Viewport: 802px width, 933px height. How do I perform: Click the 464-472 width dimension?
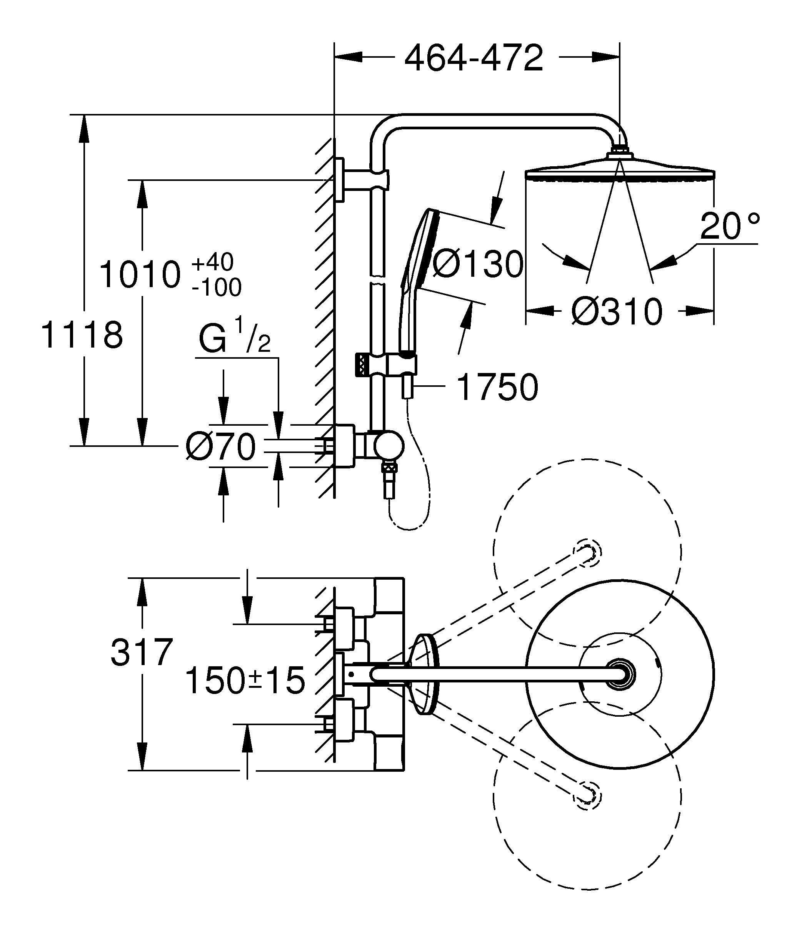[474, 59]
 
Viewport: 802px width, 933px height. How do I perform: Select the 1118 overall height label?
[82, 336]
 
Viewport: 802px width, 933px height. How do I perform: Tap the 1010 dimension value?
[140, 275]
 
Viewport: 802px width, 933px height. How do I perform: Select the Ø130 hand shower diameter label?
[479, 264]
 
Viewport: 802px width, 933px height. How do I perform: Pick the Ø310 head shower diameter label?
[617, 312]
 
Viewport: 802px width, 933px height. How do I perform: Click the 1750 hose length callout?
[497, 387]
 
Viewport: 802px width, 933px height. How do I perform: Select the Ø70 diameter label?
[220, 448]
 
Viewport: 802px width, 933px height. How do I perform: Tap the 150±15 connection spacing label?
[245, 681]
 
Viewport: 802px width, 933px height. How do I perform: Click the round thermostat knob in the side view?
[389, 445]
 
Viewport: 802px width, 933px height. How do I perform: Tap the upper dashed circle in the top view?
[587, 552]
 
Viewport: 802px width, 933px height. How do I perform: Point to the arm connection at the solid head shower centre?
[620, 674]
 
